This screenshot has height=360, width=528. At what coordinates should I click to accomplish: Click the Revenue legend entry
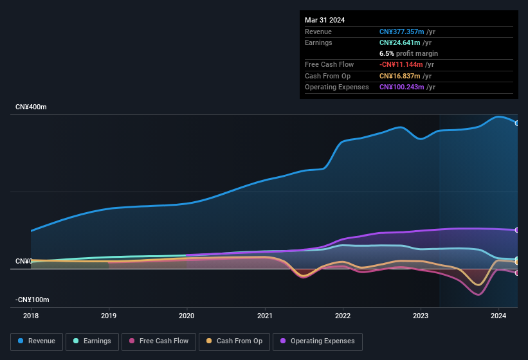click(37, 341)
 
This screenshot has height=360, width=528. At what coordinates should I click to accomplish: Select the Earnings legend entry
click(92, 341)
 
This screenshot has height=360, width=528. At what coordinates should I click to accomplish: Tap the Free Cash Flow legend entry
click(159, 341)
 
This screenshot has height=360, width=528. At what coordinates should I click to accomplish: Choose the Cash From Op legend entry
click(234, 341)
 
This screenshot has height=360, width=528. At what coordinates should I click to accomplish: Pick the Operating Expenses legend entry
click(317, 341)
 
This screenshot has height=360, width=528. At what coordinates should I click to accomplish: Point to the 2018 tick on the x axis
click(31, 316)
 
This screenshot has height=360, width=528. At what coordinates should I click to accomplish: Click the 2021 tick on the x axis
click(264, 316)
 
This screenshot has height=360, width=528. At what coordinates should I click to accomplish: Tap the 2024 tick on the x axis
click(498, 316)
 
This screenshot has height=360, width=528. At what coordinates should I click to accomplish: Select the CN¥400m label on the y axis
click(32, 107)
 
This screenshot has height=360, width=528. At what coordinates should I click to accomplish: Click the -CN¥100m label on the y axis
click(33, 300)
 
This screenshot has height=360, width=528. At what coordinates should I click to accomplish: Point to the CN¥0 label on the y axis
click(24, 261)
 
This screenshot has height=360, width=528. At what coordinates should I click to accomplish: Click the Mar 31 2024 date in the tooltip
click(325, 20)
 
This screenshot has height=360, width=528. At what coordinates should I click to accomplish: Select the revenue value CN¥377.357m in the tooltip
click(402, 32)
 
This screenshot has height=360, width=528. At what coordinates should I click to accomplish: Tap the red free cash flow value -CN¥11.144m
click(401, 65)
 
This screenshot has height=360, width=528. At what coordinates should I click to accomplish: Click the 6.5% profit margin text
click(408, 53)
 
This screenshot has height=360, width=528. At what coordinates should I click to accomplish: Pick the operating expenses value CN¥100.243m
click(402, 87)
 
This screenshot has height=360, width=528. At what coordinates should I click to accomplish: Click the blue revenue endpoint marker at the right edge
click(517, 123)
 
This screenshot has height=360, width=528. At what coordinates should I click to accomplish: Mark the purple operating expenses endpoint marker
click(517, 230)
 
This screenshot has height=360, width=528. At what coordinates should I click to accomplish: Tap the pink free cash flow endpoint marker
click(517, 273)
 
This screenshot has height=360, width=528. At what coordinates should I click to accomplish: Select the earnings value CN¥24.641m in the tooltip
click(400, 42)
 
